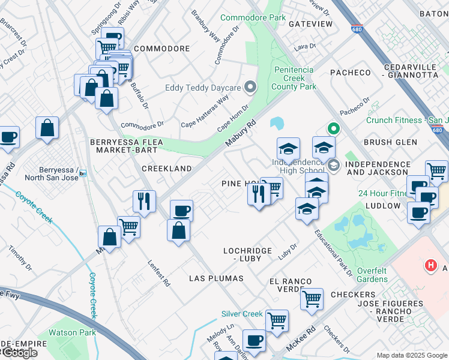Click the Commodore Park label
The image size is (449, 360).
pyautogui.click(x=253, y=17)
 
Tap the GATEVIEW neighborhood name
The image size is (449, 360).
pyautogui.click(x=310, y=23)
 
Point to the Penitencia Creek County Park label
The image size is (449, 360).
pyautogui.click(x=295, y=78)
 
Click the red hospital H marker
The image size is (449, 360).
pyautogui.click(x=430, y=265)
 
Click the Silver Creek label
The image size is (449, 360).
pyautogui.click(x=242, y=314)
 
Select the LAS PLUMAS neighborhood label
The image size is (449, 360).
pyautogui.click(x=216, y=278)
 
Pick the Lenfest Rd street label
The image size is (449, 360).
pyautogui.click(x=159, y=272)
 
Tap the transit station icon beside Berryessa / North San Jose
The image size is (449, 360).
pyautogui.click(x=83, y=173)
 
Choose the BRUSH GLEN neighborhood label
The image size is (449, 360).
pyautogui.click(x=390, y=142)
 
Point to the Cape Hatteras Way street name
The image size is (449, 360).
pyautogui.click(x=205, y=114)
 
